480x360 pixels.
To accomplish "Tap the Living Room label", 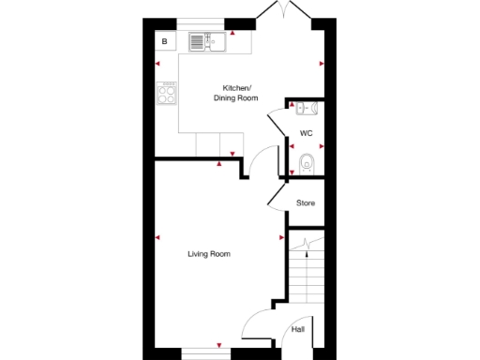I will click(209, 254).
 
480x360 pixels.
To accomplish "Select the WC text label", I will click(306, 134).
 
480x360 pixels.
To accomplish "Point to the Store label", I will click(306, 202).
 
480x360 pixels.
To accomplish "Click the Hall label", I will click(298, 329).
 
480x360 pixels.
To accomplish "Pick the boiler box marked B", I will click(165, 41).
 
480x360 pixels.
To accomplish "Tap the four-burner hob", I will click(168, 95).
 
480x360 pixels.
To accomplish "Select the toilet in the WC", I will click(306, 165).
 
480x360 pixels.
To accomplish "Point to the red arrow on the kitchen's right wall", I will click(321, 64).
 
